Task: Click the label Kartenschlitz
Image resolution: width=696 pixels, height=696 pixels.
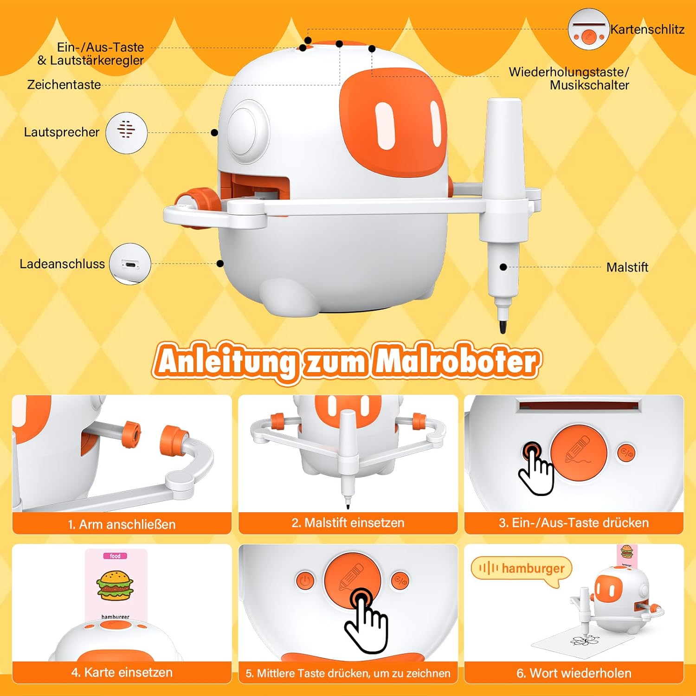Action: click(647, 29)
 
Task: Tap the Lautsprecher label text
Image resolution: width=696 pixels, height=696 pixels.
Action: click(62, 132)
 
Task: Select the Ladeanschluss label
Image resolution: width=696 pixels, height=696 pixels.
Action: click(62, 264)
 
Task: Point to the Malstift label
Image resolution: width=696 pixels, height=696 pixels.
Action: click(627, 267)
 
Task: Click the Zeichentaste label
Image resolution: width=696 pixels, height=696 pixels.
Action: click(64, 84)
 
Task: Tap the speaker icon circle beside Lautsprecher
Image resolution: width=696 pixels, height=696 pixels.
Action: click(126, 133)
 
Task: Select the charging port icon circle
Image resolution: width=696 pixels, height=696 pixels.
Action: click(130, 264)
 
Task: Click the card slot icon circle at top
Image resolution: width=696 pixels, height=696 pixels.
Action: click(588, 29)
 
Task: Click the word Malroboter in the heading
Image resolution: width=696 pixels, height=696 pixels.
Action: click(457, 361)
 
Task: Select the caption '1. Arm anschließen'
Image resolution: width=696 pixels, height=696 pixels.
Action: click(122, 524)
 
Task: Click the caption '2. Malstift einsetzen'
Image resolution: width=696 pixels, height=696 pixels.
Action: click(348, 523)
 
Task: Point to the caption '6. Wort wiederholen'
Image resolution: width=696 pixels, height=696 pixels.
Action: click(574, 673)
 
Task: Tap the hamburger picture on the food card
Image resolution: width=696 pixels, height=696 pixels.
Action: click(115, 585)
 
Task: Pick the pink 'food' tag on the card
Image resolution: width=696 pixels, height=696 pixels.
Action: click(115, 556)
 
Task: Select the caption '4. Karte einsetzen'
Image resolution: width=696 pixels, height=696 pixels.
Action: click(122, 673)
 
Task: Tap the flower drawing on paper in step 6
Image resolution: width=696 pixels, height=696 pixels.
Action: click(586, 640)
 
